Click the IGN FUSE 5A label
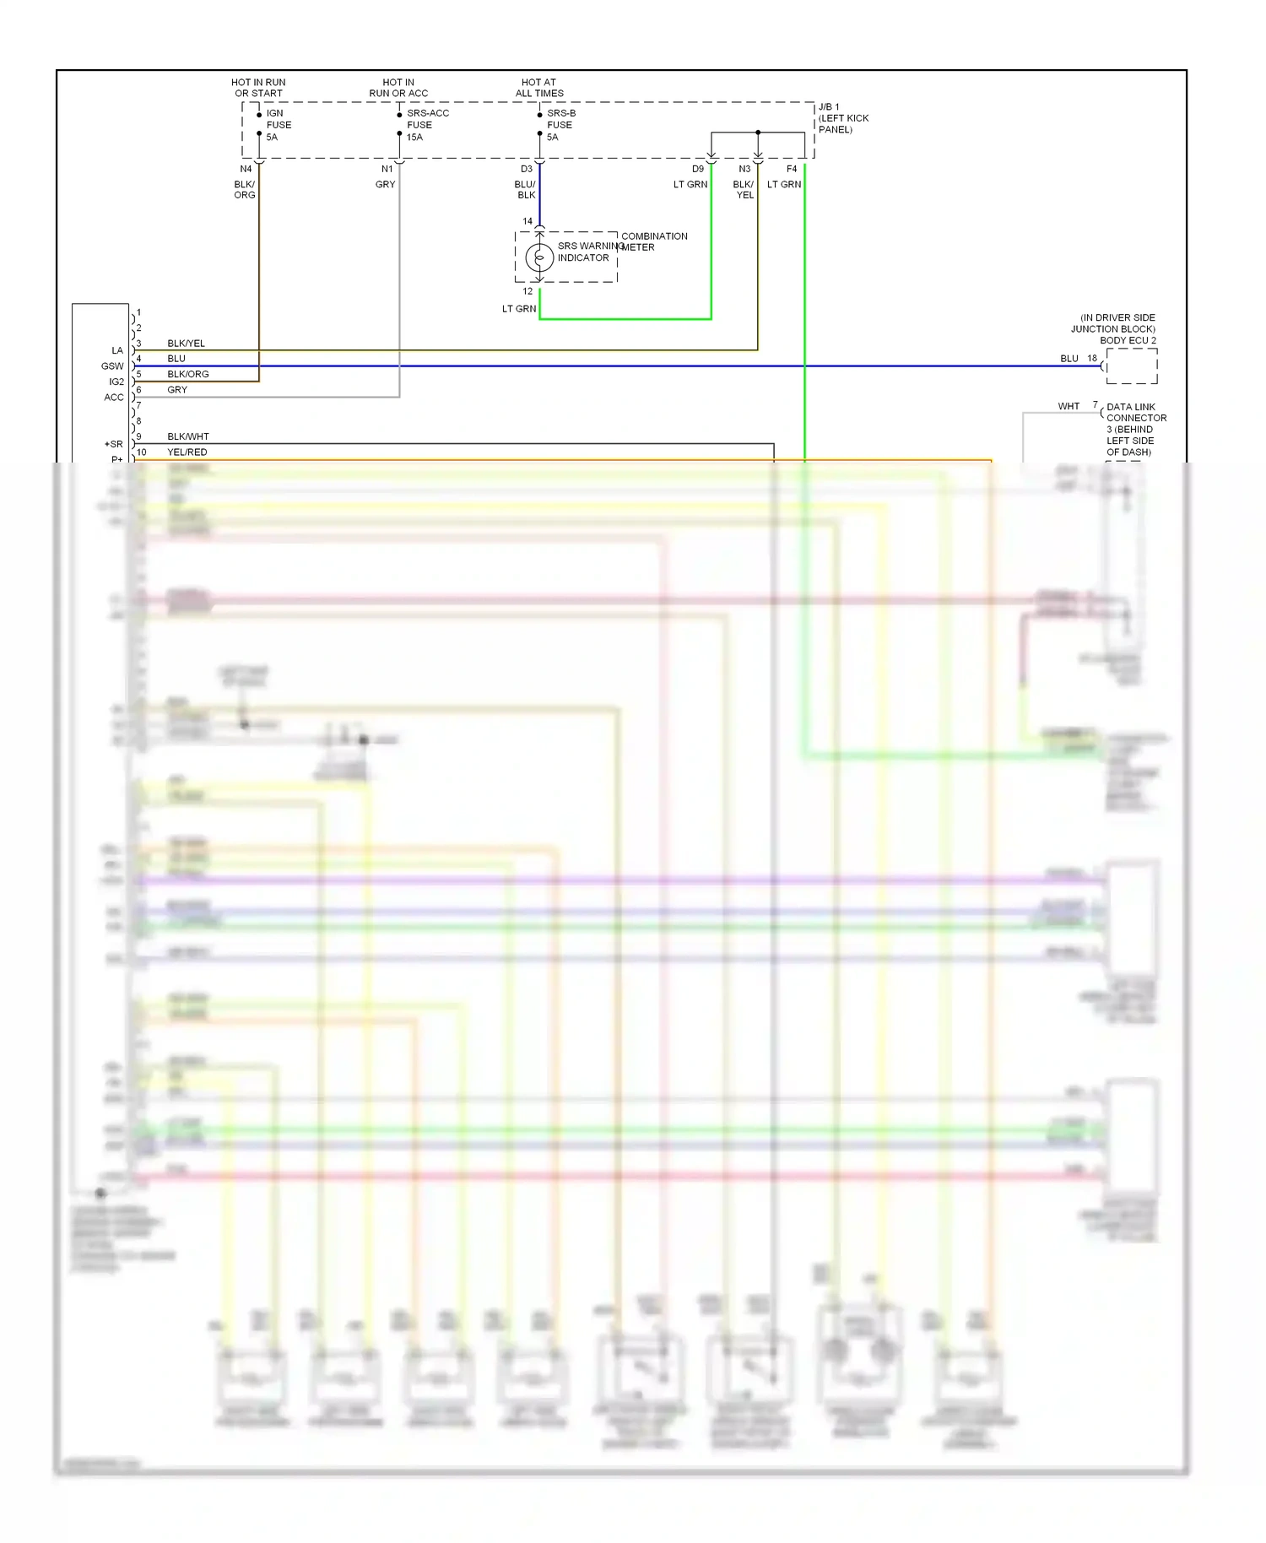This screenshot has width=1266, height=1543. (278, 125)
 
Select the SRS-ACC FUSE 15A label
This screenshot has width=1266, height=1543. (426, 125)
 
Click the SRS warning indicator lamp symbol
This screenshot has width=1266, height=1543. (539, 257)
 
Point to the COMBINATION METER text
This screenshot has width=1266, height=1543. (654, 241)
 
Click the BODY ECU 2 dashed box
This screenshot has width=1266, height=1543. (1131, 366)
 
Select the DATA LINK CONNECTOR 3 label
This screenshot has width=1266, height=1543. (1136, 429)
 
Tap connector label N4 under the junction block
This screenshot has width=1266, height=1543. (246, 169)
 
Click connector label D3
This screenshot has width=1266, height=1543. (527, 169)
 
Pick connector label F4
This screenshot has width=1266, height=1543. (792, 169)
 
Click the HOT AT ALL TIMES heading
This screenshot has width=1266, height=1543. (539, 88)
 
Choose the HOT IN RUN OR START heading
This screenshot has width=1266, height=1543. (258, 88)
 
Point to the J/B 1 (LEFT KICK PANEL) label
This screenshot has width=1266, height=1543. (842, 118)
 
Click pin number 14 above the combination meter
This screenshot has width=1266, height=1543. (527, 221)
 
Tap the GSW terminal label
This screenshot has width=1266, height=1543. (112, 366)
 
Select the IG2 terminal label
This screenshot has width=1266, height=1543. (116, 382)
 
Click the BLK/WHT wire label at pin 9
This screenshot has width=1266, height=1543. (187, 436)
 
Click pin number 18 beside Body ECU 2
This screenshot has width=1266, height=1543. (1092, 359)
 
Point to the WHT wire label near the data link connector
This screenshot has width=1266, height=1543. (1069, 406)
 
